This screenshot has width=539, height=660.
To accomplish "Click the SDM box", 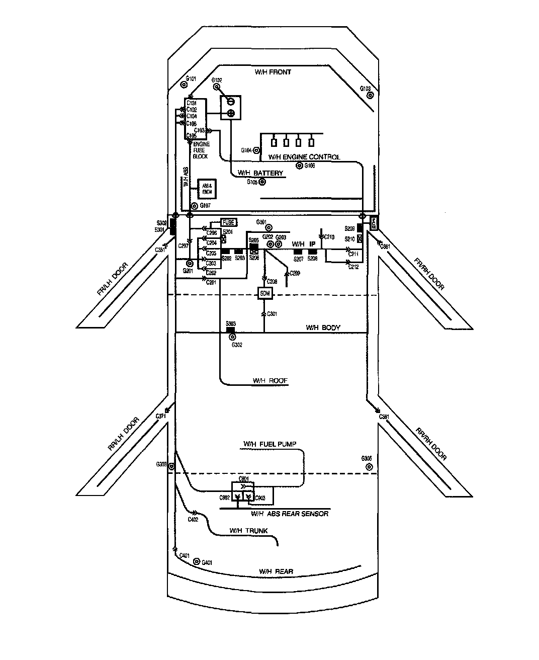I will tap(264, 294).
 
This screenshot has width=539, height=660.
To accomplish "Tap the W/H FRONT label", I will tap(273, 72).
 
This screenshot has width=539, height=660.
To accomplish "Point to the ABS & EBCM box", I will tap(206, 188).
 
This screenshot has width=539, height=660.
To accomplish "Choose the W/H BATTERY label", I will tap(260, 173).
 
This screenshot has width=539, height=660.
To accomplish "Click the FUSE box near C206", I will tap(228, 222).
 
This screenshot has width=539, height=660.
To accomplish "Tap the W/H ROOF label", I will tap(270, 381).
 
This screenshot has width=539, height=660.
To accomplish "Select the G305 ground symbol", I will tap(369, 467).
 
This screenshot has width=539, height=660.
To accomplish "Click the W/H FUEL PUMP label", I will tap(270, 444).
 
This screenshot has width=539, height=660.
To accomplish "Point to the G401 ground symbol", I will tap(197, 562).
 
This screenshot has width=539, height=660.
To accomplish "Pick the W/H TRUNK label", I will tap(248, 531).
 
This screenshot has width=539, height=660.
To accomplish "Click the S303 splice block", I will tap(231, 329).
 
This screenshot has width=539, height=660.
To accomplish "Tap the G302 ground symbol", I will tap(232, 337).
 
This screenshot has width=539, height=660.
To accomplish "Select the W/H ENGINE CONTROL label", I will tap(304, 157).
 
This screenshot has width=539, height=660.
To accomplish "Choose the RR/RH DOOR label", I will tap(431, 444).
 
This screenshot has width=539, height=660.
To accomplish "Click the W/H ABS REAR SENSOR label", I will tap(290, 514).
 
